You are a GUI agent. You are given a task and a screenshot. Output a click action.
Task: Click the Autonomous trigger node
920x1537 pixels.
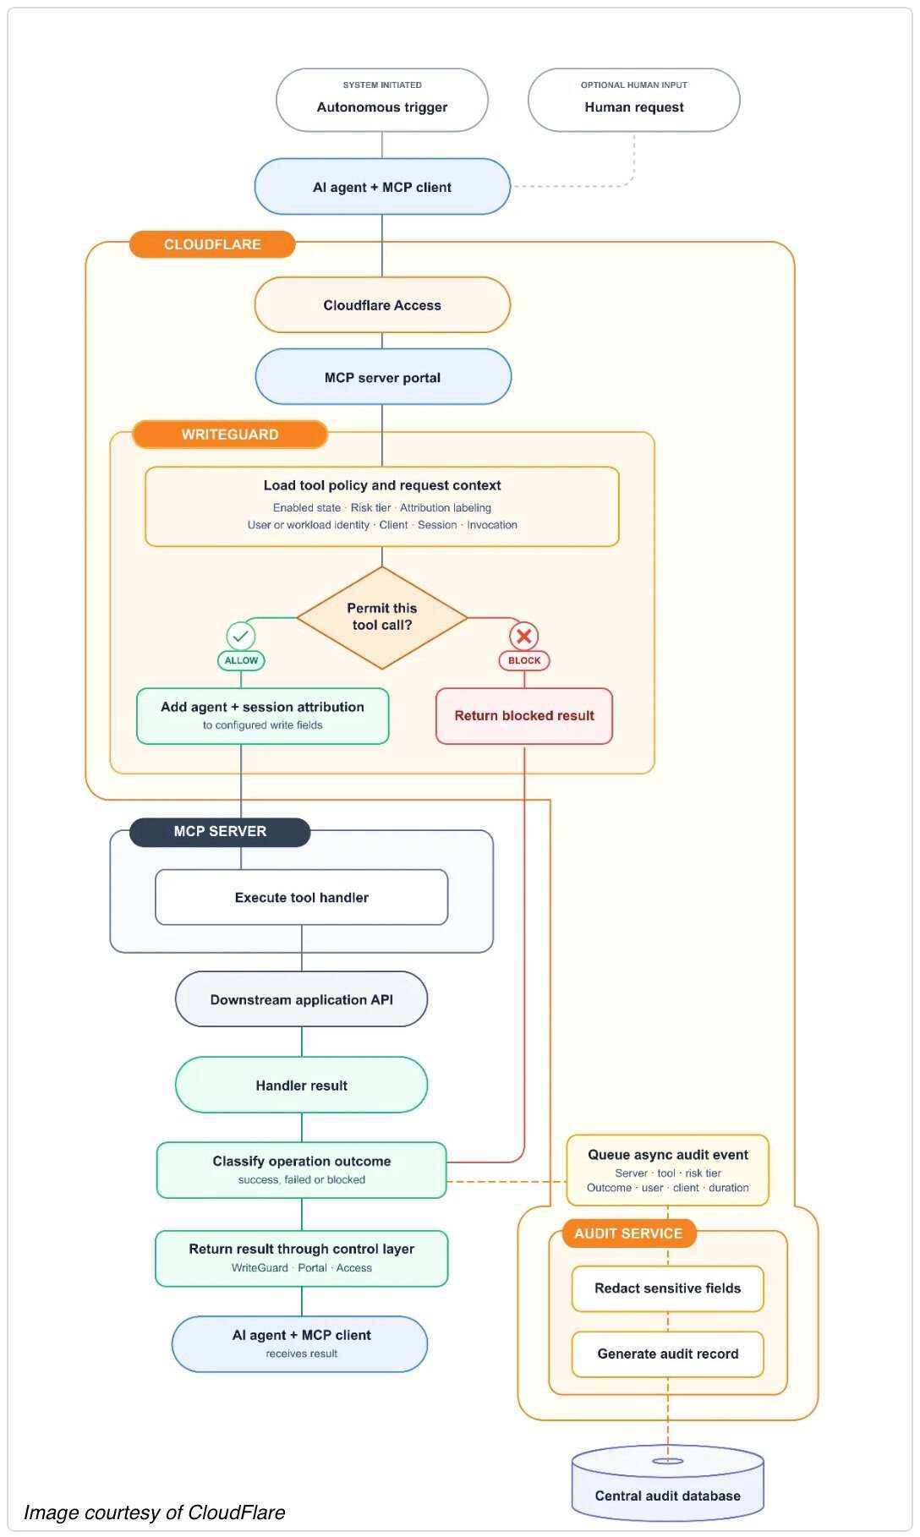(382, 100)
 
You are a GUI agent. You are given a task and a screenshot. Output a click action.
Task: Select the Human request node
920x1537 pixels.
(634, 100)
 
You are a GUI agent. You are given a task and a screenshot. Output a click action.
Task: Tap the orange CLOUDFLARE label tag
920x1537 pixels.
(212, 244)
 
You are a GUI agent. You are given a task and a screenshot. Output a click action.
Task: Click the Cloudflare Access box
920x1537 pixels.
(382, 305)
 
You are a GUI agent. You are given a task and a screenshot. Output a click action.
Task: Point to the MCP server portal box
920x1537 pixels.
(383, 377)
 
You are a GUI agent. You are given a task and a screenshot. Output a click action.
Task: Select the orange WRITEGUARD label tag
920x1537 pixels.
(230, 435)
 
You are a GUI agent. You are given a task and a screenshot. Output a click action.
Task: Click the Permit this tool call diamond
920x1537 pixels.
(382, 617)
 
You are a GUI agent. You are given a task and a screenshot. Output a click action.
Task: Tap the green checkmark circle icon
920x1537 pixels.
(241, 636)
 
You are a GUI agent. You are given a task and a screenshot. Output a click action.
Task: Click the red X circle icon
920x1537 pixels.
(524, 636)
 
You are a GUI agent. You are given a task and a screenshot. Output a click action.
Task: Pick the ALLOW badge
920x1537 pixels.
(241, 660)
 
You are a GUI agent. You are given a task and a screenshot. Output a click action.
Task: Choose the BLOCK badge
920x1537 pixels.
(524, 660)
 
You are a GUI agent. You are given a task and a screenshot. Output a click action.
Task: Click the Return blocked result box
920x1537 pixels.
(524, 716)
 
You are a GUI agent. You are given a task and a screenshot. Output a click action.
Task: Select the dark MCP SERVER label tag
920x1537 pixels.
(220, 832)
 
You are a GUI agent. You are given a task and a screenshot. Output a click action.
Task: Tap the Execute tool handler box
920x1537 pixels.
(302, 897)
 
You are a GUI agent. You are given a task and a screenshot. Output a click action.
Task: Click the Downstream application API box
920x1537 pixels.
(302, 999)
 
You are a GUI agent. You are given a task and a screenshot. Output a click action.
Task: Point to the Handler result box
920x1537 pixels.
(302, 1085)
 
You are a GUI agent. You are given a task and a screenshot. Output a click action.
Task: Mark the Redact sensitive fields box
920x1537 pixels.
(668, 1288)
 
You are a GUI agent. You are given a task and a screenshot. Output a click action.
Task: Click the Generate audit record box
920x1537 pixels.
(668, 1354)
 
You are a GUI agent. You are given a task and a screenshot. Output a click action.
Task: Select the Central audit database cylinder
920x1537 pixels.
(668, 1483)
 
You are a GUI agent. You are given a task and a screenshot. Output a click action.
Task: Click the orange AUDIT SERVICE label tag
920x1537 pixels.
(628, 1233)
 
